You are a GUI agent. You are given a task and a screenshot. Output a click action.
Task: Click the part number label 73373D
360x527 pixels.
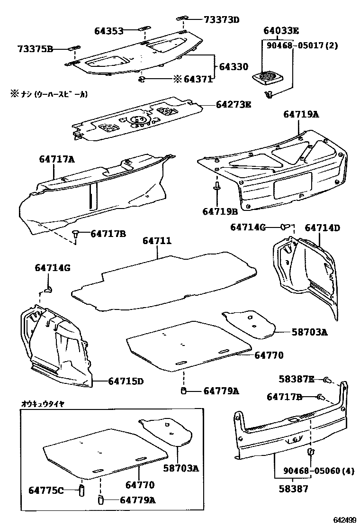(221, 19)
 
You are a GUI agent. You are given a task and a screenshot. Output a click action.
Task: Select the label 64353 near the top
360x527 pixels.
(108, 31)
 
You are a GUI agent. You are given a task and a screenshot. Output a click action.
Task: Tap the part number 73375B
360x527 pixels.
(36, 48)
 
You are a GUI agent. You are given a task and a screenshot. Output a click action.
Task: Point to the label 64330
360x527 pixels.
(233, 67)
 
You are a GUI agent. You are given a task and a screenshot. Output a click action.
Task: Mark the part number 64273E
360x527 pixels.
(234, 104)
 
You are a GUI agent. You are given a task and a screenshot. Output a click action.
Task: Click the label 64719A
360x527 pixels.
(301, 114)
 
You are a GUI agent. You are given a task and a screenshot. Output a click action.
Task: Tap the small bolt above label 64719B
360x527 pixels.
(216, 187)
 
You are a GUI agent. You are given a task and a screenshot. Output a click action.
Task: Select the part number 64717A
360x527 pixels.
(57, 160)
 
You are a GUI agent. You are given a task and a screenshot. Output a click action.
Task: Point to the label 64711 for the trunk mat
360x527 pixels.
(157, 242)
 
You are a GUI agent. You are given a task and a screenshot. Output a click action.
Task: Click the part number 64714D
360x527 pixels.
(322, 228)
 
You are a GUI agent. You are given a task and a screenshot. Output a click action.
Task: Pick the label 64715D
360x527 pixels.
(126, 381)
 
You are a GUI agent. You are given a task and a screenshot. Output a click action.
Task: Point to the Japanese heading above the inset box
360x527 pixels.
(42, 404)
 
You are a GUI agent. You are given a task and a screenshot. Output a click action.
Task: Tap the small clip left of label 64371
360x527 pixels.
(142, 79)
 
